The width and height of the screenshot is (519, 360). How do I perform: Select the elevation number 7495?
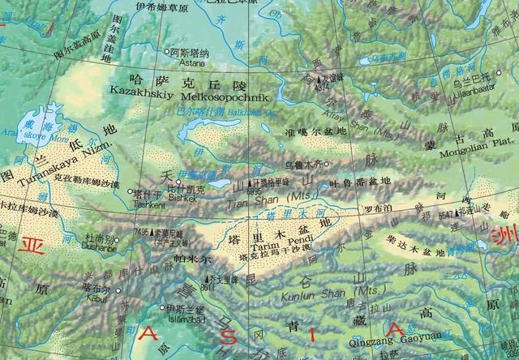coord(141,232)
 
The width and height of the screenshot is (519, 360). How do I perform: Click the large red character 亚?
coord(33,244)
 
